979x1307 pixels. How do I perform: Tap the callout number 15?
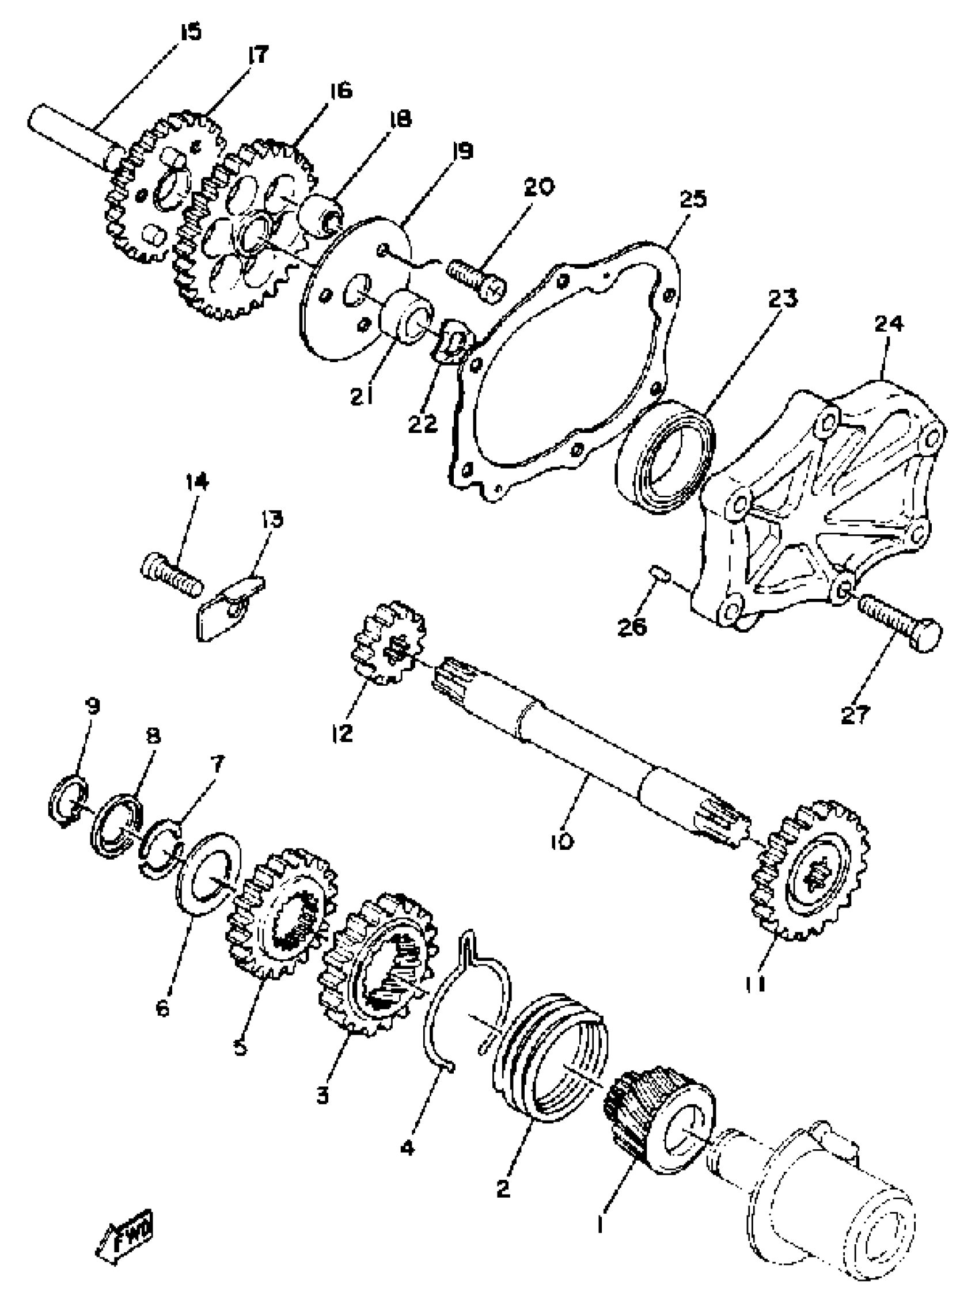pos(189,31)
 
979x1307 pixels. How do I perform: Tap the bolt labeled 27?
pos(901,622)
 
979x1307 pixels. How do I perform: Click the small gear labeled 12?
pos(389,643)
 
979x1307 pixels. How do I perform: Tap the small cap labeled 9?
pos(67,804)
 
